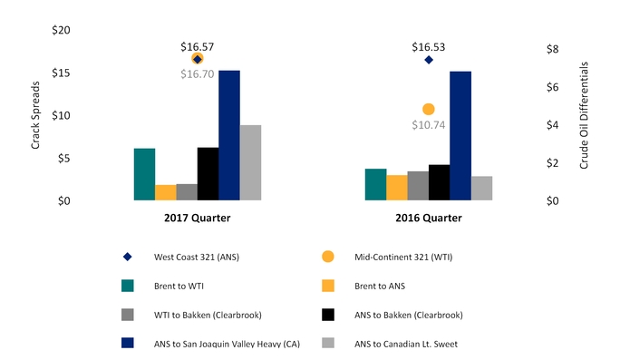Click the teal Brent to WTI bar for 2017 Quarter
(144, 174)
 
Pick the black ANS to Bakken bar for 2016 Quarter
(439, 182)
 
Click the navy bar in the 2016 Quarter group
(460, 135)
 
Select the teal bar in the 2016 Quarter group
(375, 184)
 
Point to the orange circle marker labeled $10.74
(429, 109)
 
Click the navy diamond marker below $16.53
(429, 60)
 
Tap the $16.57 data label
(198, 45)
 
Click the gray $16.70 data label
(198, 74)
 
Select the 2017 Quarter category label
(197, 218)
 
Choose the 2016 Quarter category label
(428, 218)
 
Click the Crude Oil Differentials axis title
(585, 115)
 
